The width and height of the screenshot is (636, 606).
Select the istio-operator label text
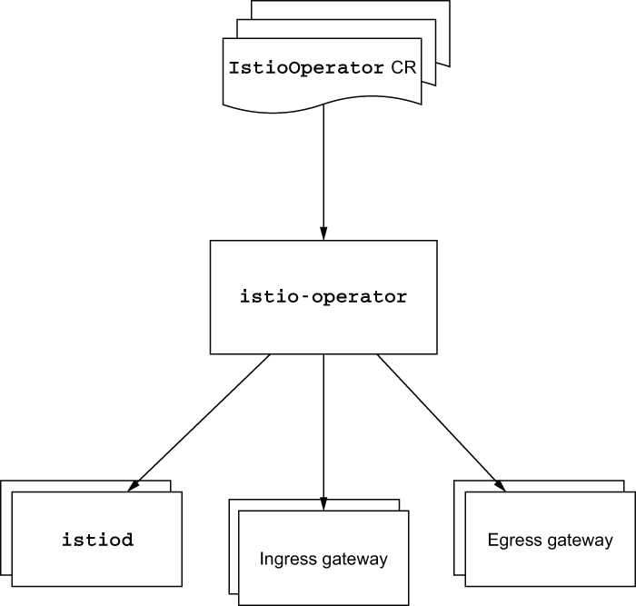point(323,296)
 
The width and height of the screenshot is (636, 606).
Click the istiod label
point(97,540)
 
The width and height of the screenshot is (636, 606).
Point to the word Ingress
point(288,559)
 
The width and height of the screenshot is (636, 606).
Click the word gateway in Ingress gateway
point(354,559)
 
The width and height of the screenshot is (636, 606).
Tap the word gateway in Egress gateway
point(579,541)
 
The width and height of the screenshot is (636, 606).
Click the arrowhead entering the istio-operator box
point(323,233)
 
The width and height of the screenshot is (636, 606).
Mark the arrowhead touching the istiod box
point(137,485)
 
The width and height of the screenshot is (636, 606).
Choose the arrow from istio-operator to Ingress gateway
point(323,427)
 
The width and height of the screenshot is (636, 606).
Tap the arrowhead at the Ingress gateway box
point(323,502)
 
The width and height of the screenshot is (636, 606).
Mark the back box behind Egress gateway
point(459,527)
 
